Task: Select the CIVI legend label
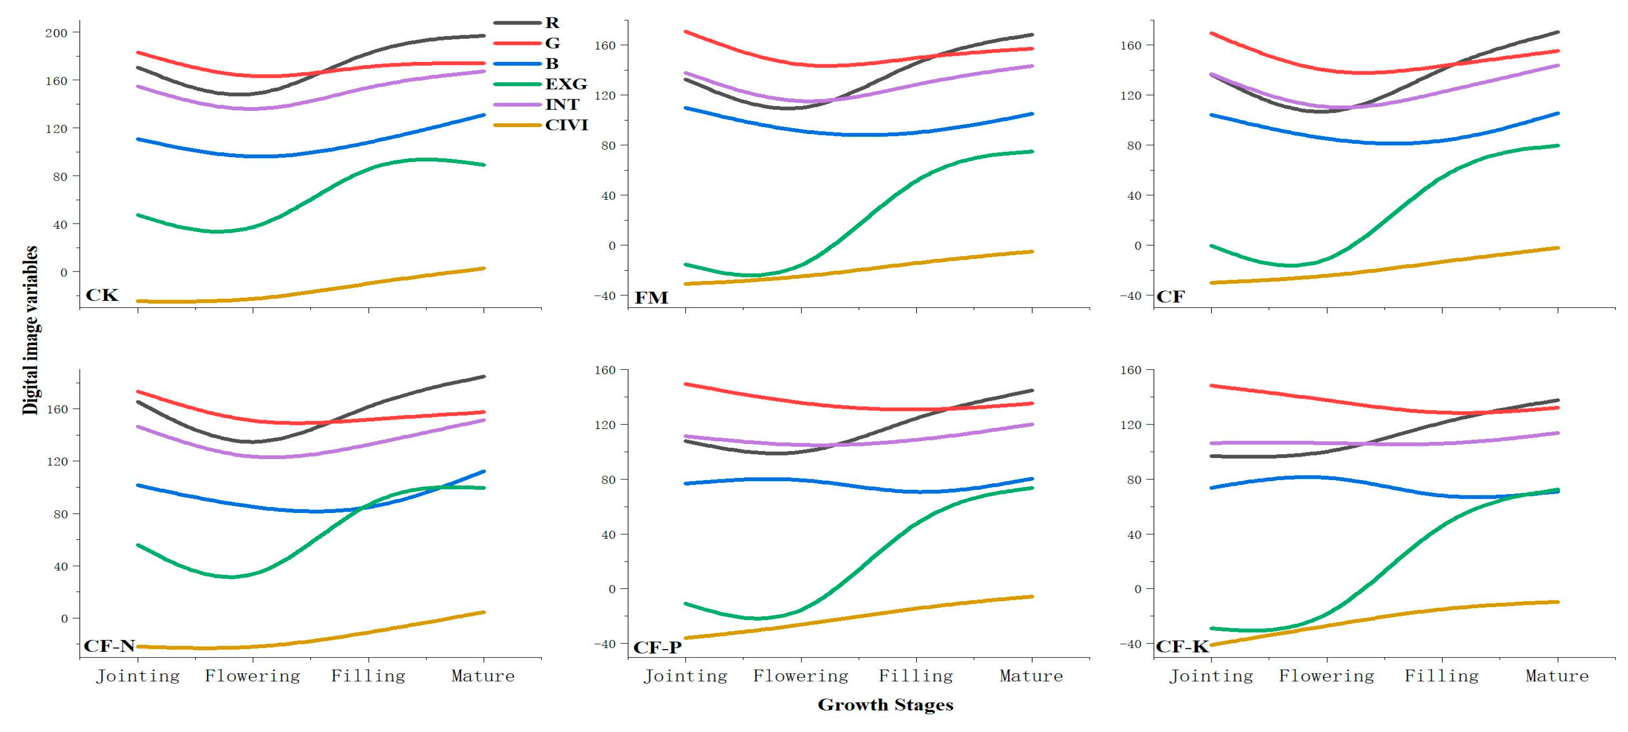[566, 125]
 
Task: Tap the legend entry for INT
[562, 104]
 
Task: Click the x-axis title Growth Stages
[885, 705]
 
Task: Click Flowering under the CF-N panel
[252, 676]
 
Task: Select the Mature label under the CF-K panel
[1557, 676]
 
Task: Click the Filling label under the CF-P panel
[916, 676]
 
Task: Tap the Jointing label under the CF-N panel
[138, 676]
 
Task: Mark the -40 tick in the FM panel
[604, 296]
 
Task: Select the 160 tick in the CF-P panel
[604, 370]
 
